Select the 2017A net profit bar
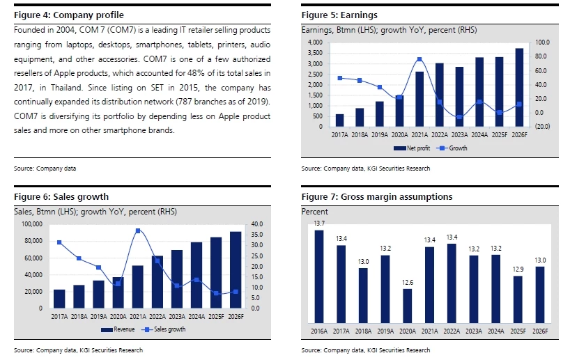pos(339,120)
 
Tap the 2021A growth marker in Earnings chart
pos(419,60)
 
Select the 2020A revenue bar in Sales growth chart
pos(118,292)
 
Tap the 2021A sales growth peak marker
pos(138,230)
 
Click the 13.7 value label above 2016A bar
pos(319,223)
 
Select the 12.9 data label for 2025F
pos(517,269)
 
